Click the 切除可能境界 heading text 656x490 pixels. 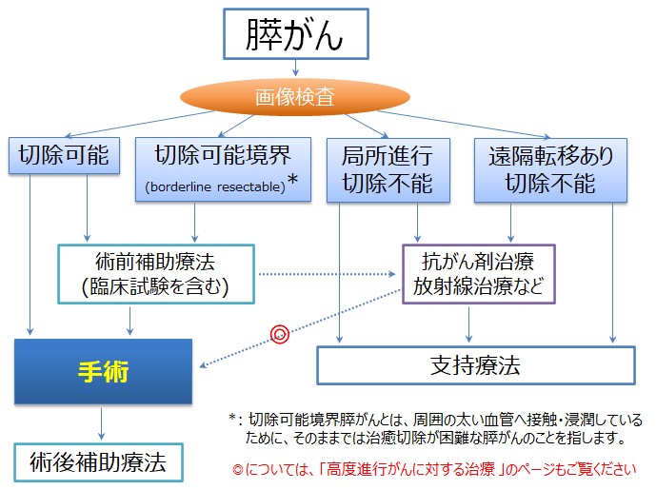point(222,151)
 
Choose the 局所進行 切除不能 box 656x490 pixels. point(377,168)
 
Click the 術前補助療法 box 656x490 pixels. point(156,274)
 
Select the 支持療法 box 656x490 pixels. point(474,364)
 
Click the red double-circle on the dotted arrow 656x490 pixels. point(279,333)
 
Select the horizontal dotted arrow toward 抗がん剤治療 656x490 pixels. point(328,274)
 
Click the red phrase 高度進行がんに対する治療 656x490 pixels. point(420,469)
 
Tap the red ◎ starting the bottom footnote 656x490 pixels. point(238,469)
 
